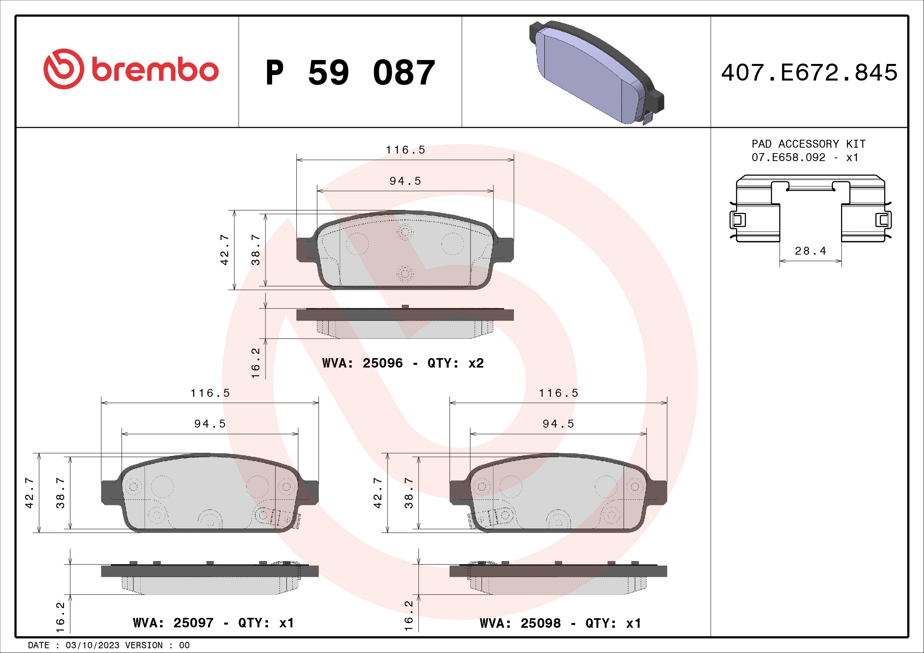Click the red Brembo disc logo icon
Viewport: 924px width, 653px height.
[x=64, y=69]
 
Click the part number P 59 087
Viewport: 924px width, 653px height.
[x=350, y=73]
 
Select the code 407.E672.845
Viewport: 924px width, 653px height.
[x=809, y=73]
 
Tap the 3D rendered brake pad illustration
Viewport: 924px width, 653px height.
[x=596, y=72]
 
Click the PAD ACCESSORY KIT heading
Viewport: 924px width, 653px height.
[x=808, y=144]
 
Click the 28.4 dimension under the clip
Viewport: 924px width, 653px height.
[x=810, y=251]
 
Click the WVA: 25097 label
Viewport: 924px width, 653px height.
[x=173, y=623]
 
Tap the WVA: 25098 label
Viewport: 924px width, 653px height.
[x=520, y=623]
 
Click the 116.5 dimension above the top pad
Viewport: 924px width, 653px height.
[x=405, y=150]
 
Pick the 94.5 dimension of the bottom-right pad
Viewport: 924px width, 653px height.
[x=558, y=424]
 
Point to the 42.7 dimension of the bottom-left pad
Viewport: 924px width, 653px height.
[x=29, y=493]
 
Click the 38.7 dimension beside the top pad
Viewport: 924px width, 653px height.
[x=256, y=250]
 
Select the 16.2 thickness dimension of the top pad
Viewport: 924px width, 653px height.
[x=256, y=363]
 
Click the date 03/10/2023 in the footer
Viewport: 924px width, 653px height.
[x=92, y=645]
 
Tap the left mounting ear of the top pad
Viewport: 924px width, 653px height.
[x=305, y=250]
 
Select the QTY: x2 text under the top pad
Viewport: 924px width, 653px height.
[x=455, y=363]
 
